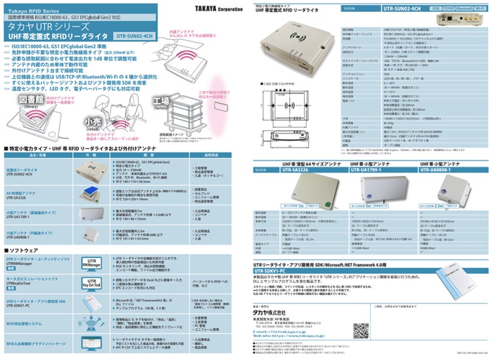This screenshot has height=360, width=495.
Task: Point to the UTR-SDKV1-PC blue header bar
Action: click(294, 271)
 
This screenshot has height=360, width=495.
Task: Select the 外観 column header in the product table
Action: click(91, 154)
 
